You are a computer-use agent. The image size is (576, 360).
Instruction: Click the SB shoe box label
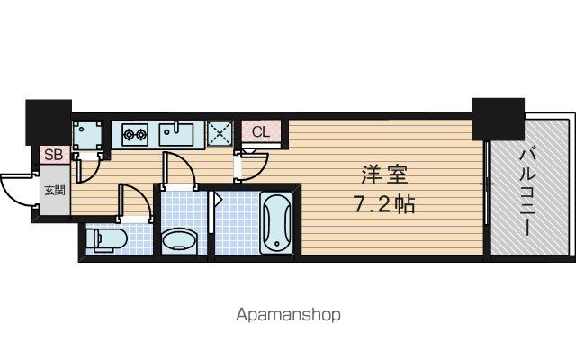54,155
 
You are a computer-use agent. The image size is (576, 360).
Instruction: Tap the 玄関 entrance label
55,191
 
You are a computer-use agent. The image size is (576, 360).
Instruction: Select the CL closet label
261,132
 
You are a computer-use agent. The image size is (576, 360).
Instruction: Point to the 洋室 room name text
384,175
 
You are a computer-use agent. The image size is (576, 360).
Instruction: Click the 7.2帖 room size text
384,204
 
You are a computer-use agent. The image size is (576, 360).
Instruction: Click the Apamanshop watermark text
288,315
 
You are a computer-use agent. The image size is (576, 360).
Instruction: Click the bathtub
276,222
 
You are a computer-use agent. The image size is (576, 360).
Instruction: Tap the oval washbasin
179,240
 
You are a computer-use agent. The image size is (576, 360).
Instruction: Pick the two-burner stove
135,135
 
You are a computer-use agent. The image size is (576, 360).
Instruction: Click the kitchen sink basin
176,135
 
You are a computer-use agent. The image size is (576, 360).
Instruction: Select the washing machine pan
87,135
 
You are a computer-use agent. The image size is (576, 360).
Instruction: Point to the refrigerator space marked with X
220,133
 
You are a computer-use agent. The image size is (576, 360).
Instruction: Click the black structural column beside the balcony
498,119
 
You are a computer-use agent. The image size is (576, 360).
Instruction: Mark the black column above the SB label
49,122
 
